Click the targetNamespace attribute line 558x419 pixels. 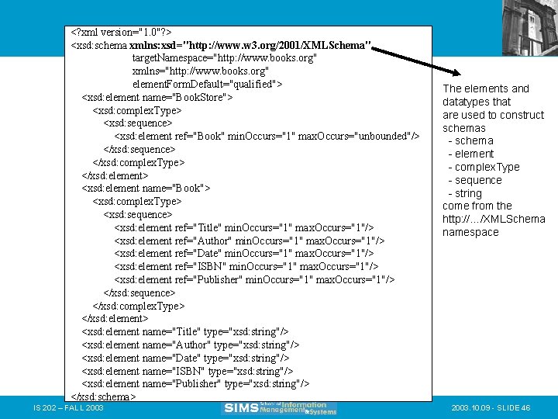224,58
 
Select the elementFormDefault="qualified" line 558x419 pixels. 207,84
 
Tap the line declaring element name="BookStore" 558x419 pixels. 157,97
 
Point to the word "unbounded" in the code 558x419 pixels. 381,136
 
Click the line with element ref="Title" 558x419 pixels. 243,227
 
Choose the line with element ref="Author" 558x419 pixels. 249,241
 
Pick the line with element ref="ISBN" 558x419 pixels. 244,267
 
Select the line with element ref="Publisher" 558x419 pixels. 254,279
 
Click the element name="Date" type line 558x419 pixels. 186,358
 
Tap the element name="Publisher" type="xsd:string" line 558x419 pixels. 195,383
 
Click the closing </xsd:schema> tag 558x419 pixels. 103,396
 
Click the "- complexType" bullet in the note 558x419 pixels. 484,167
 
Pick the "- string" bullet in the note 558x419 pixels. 465,193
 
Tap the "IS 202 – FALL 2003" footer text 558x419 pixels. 69,408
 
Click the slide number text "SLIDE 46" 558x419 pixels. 517,408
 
